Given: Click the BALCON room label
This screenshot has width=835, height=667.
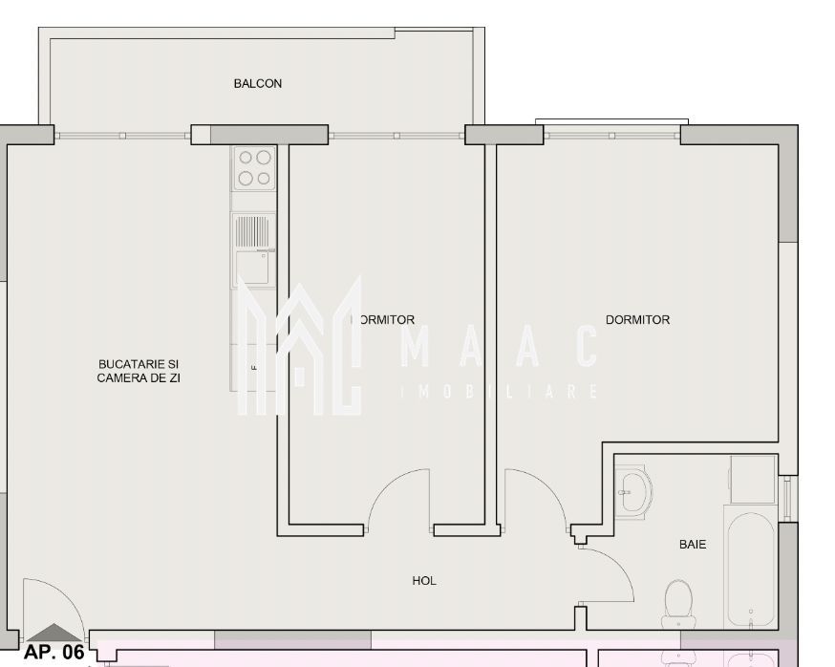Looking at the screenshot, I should click(258, 84).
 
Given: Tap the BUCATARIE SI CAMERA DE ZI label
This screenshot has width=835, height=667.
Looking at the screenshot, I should click(139, 371).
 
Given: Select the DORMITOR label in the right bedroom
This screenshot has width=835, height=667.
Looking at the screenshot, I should click(637, 320).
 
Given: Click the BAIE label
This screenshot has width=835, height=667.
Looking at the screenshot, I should click(693, 544).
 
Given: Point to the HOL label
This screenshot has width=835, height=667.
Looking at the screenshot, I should click(424, 580).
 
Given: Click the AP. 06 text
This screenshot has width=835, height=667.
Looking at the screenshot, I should click(54, 653).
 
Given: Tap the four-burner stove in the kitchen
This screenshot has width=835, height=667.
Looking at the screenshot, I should click(254, 167).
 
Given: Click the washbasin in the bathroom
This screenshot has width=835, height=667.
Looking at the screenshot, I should click(632, 492).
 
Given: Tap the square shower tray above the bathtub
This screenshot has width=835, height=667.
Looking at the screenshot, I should click(753, 479).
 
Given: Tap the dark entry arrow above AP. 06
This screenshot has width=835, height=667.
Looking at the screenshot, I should click(54, 633).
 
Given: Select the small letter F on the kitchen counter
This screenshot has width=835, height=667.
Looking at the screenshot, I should click(253, 367).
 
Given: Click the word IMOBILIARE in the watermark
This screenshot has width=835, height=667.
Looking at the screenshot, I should click(502, 392).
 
